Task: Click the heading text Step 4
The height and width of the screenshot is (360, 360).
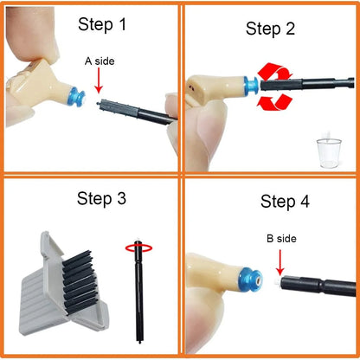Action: pos(285,202)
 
